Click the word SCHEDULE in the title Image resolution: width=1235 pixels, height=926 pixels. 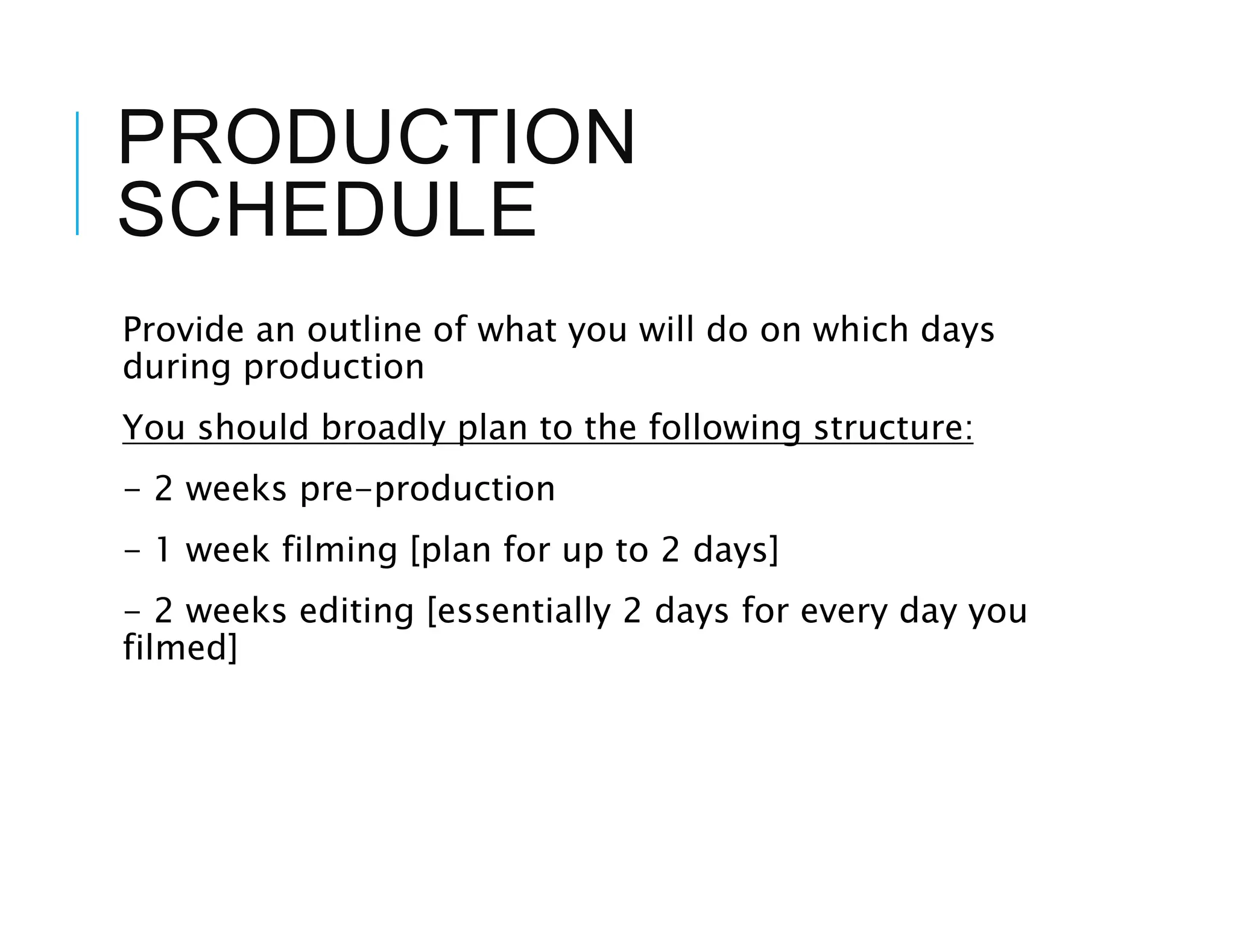[326, 210]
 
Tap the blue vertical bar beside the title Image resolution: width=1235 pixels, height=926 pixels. [77, 173]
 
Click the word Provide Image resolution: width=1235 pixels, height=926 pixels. [183, 330]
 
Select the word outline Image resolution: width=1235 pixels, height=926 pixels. [364, 330]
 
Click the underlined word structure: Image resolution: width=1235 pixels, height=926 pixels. [893, 427]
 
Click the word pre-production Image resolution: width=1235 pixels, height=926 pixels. [427, 489]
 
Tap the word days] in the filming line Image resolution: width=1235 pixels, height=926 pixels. [736, 551]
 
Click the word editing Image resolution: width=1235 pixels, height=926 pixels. [356, 612]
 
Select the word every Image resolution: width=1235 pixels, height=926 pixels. [844, 613]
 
